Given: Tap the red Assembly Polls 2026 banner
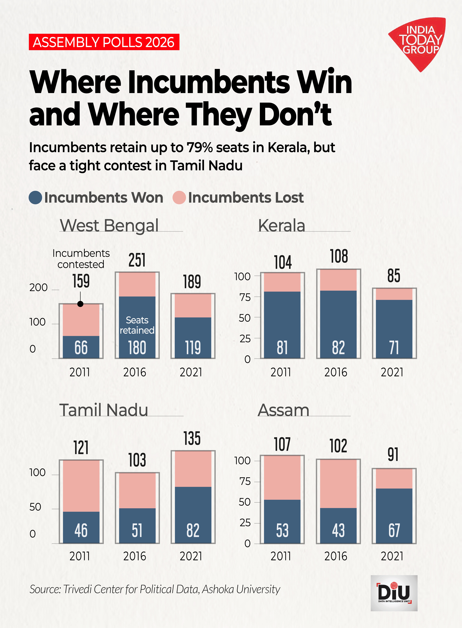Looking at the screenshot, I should [x=104, y=42].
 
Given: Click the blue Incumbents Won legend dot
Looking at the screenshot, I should [x=36, y=198].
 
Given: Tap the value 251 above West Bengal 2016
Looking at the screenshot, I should [x=137, y=260].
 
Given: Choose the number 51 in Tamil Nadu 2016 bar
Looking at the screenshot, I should [x=137, y=530].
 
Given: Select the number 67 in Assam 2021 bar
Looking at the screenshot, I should [x=394, y=530].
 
